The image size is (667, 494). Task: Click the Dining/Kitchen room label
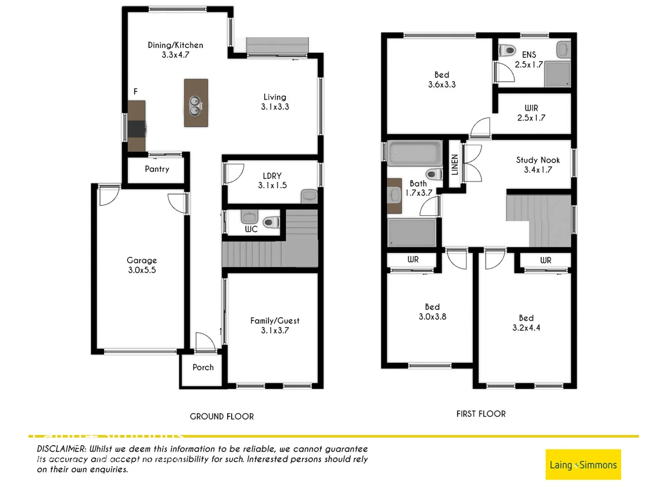tap(175, 45)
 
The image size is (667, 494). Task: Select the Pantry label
tap(157, 169)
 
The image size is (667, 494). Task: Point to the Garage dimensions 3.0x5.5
tap(142, 270)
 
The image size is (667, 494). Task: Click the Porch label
tap(203, 368)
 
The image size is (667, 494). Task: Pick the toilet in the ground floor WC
tap(271, 222)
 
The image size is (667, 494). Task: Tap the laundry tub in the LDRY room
tap(309, 196)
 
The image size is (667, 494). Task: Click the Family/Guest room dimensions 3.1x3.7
tap(275, 330)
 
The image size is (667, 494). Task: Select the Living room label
tap(275, 97)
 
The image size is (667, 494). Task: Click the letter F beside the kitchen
tap(136, 91)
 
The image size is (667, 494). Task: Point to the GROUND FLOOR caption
tap(222, 416)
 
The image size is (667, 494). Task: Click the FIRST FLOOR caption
tap(481, 414)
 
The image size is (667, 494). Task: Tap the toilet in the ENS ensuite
tap(508, 50)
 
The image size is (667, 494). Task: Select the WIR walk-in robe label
tap(531, 108)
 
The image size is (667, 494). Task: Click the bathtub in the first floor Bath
tap(415, 153)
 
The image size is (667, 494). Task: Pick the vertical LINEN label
tap(455, 165)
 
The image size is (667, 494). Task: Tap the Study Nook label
tap(538, 160)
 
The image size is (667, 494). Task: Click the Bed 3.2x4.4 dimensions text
tap(526, 328)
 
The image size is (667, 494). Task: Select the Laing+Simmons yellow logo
tap(583, 464)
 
